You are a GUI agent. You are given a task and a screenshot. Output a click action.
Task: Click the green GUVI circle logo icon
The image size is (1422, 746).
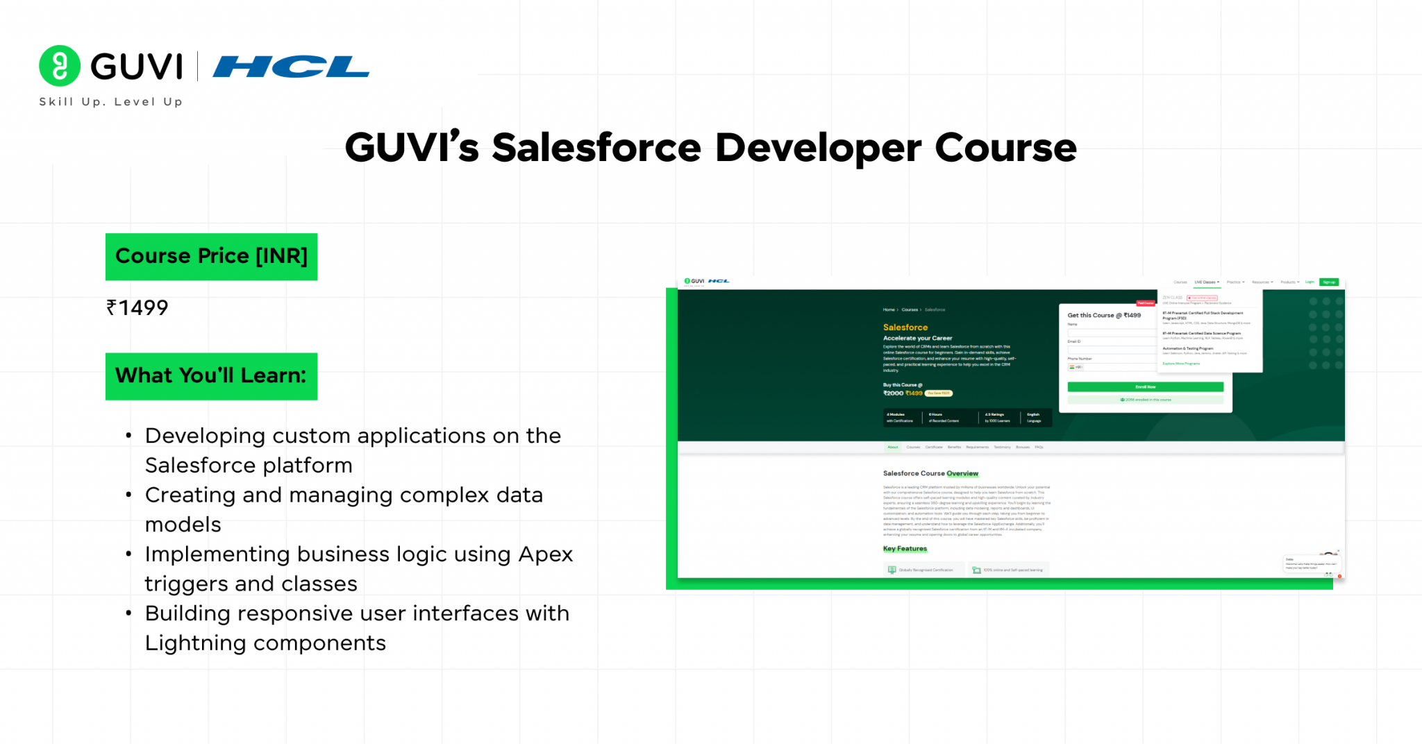tap(60, 66)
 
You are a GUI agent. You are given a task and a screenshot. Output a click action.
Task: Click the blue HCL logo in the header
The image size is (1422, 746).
tap(291, 67)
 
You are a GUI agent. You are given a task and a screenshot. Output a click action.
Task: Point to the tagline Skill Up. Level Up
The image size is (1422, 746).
tap(111, 102)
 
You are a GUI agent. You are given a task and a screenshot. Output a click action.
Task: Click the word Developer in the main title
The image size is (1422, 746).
tap(818, 148)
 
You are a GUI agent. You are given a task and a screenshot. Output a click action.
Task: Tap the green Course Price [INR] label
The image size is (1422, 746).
tap(211, 256)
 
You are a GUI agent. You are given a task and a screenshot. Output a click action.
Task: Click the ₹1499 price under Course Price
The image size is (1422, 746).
tap(137, 307)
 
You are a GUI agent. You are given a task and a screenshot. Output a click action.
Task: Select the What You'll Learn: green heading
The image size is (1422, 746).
tap(211, 376)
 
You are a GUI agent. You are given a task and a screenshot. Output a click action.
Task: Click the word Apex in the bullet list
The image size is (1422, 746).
tap(545, 554)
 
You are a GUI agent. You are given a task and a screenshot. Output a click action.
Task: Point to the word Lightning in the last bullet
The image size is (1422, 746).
tap(195, 643)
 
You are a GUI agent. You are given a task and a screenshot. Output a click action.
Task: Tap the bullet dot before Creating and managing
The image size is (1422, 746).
tap(128, 495)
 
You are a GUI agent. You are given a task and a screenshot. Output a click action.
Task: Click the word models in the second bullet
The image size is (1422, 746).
tap(183, 525)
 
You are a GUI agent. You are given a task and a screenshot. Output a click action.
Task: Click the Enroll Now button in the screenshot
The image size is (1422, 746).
tap(1145, 387)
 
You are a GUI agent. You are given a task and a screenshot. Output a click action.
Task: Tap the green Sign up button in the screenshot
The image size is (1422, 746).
tap(1329, 282)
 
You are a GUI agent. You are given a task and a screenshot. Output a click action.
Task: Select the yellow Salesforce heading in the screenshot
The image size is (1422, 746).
tap(905, 328)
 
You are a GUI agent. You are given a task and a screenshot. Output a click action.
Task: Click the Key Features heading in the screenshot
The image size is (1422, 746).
tap(905, 549)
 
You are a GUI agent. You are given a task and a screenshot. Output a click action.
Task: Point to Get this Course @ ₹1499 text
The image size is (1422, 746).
tap(1104, 315)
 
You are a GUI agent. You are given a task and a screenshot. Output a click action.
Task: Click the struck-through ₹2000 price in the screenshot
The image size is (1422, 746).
tap(893, 393)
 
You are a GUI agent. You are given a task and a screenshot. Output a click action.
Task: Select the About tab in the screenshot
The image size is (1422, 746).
tap(892, 448)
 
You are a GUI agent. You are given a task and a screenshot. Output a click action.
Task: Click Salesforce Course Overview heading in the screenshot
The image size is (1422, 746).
tap(930, 473)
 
